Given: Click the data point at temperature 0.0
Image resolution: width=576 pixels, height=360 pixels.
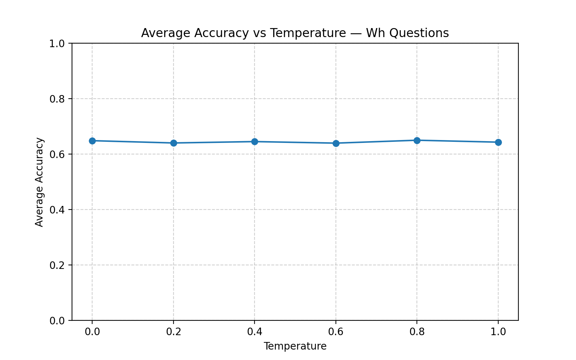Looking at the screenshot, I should point(92,141).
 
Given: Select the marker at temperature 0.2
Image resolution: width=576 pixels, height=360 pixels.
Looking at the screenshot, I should point(174,143).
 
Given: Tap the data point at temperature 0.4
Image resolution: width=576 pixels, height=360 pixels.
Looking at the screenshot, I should point(255,141).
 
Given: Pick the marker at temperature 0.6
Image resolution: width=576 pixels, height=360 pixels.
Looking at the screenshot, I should point(336,143).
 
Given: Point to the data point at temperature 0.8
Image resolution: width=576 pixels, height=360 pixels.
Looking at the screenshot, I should point(417,140).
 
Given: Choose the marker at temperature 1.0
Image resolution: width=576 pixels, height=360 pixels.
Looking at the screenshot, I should point(498,142).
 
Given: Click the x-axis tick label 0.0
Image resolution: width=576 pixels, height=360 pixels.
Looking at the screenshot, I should point(92,332).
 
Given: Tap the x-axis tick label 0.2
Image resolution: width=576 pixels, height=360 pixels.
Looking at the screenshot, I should point(174,332).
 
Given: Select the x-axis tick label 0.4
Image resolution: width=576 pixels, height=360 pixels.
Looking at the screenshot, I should point(255,332).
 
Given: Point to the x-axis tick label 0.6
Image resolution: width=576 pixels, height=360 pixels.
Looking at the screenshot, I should point(336,332).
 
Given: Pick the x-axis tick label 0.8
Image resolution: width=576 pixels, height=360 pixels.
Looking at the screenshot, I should point(417,332).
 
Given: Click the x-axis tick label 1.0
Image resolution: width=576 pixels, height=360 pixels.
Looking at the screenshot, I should point(498,332).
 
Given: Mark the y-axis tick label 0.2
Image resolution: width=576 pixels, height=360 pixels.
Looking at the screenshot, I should point(57,265).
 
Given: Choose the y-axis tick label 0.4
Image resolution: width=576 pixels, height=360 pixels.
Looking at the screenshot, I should point(57,210).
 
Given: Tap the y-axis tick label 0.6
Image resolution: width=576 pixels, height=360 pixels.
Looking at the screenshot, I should point(57,154).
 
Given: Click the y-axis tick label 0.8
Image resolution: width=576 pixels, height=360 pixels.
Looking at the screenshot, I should point(57,99).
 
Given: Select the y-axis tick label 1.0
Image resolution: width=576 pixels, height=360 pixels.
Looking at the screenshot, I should point(57,44).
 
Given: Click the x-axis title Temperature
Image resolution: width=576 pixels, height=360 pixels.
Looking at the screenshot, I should point(295,346).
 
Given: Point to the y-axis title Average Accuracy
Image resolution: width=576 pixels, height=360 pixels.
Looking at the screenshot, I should point(39,182).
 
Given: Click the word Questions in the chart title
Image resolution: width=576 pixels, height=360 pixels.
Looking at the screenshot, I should point(419,33).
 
